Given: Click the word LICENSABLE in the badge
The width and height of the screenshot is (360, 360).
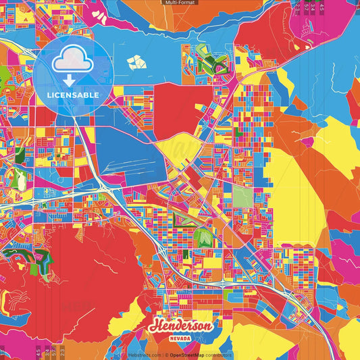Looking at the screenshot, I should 74,95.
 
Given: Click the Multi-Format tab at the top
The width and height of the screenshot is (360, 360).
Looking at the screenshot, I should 180,3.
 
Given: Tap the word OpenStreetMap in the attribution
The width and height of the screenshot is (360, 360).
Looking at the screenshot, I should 187,355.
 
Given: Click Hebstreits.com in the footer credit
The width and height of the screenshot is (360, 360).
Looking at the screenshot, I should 145,355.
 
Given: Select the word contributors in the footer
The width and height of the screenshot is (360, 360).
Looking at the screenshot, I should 219,355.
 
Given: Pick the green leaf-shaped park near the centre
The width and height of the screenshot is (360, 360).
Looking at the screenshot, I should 203,236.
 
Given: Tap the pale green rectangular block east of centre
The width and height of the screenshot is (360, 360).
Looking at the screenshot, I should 242,197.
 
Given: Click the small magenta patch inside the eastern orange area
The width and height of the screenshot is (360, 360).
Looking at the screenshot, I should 307,143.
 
